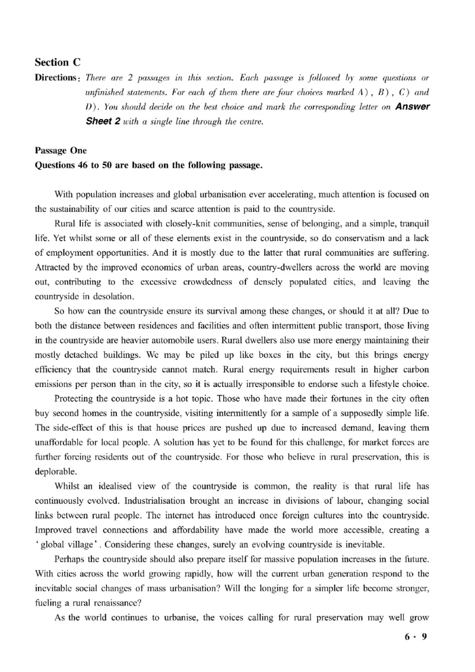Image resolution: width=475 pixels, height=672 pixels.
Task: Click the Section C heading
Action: tap(58, 62)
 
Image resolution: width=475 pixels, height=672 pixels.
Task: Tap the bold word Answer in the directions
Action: tap(408, 107)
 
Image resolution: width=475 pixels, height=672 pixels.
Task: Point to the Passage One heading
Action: tap(61, 151)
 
